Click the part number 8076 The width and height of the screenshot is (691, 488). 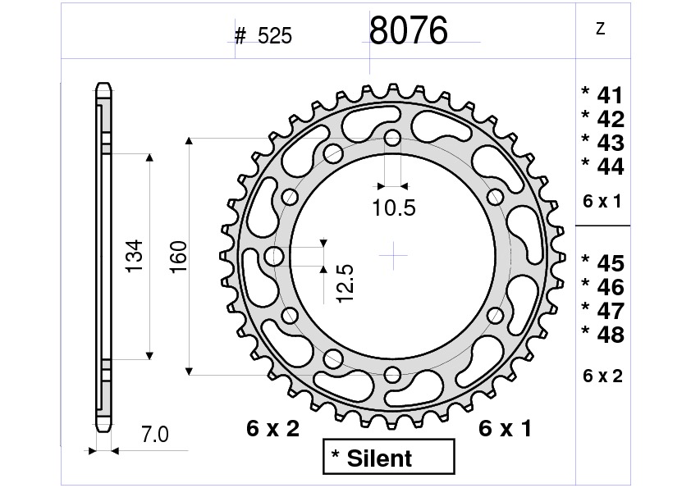coord(408,31)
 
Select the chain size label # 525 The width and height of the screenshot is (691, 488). coord(263,36)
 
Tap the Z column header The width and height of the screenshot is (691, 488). coord(601,30)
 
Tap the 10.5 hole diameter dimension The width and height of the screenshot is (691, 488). coord(393,208)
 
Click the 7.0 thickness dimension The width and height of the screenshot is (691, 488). coord(154,436)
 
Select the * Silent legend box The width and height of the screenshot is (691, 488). coord(387,458)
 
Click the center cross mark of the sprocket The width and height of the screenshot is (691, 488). coord(394,256)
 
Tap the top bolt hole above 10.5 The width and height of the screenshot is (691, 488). coord(394,137)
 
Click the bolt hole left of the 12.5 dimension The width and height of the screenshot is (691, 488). coord(274,257)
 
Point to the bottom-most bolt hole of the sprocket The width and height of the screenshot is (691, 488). coord(394,376)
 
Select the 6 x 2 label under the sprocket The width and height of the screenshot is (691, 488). coord(273,428)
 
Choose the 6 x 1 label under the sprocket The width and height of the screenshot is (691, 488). coord(505,428)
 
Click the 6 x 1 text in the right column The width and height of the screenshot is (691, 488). coord(602,202)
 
